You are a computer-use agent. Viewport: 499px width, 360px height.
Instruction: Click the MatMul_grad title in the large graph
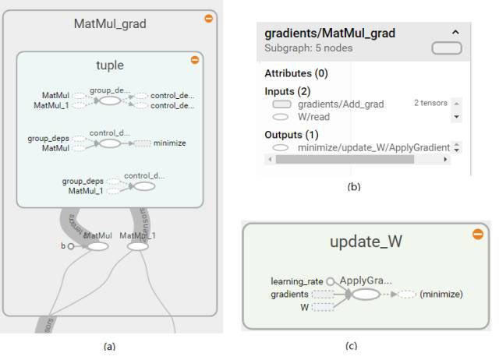tap(110, 23)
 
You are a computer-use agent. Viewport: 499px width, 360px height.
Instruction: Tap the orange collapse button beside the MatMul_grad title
tap(208, 18)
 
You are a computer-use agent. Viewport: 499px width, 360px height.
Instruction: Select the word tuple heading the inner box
tap(110, 65)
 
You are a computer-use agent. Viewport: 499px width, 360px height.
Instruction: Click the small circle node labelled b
tap(70, 246)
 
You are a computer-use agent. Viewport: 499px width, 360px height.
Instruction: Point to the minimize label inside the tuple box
tap(170, 143)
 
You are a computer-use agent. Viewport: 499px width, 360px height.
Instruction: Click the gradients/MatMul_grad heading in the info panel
tap(330, 34)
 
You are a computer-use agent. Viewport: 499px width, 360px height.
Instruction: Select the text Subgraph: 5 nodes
tap(309, 48)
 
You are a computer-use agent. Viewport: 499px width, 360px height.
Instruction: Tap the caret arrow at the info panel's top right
tap(456, 32)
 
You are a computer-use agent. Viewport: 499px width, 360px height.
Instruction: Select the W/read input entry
tap(313, 117)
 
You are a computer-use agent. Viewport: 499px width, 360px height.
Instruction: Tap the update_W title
tap(366, 242)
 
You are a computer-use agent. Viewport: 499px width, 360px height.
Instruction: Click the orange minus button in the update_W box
tap(478, 234)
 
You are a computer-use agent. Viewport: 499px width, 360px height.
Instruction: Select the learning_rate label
tap(297, 281)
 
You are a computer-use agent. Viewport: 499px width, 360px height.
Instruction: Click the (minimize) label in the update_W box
tap(441, 294)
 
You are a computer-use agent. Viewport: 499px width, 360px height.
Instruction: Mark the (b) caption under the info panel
tap(354, 186)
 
